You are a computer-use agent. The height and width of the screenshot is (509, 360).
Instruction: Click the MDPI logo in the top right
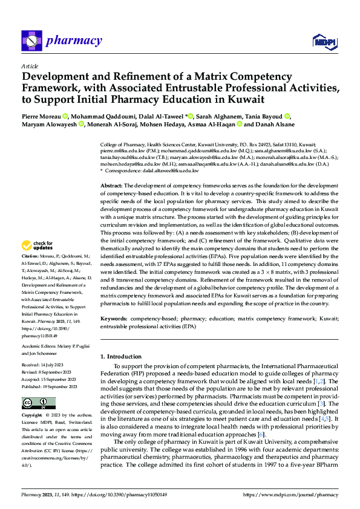325,41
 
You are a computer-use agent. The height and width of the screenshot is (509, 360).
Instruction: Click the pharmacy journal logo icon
31,41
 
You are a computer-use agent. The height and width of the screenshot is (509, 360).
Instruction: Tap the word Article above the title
30,66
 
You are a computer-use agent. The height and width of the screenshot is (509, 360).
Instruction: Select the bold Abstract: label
111,185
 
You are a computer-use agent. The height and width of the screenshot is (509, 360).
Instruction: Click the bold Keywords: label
113,317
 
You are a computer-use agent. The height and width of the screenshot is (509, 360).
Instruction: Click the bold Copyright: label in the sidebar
33,416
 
